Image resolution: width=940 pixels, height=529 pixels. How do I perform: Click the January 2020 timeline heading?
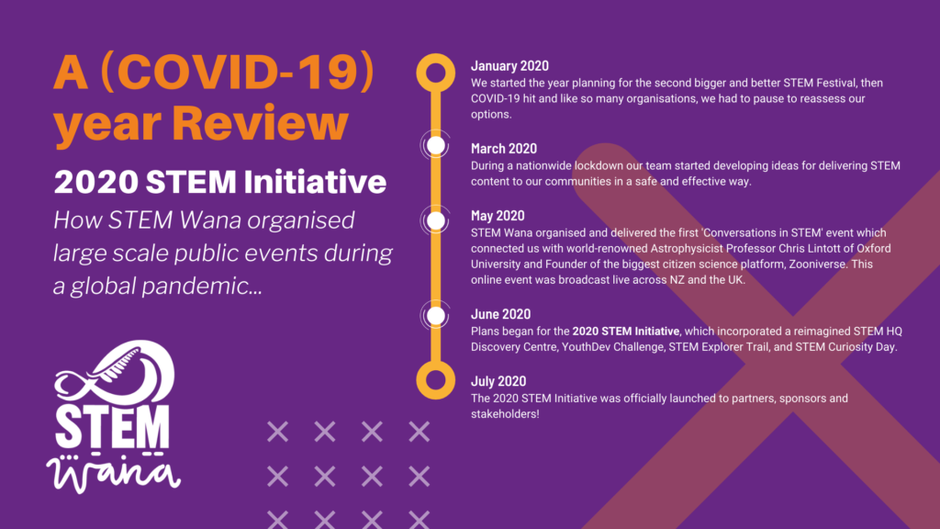pyautogui.click(x=509, y=66)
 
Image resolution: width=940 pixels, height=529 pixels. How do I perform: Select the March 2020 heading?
pyautogui.click(x=504, y=149)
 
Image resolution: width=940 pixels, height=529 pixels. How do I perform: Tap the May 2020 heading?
pyautogui.click(x=498, y=216)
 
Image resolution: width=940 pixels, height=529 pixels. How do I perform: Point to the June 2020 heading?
pyautogui.click(x=500, y=314)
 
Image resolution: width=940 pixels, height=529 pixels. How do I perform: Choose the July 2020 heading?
pyautogui.click(x=498, y=381)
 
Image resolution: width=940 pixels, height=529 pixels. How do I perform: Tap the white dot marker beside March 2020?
pyautogui.click(x=436, y=146)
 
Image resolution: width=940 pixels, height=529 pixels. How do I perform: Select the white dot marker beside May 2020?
pyautogui.click(x=436, y=220)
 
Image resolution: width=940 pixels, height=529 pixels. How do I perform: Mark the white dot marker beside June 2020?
pyautogui.click(x=436, y=316)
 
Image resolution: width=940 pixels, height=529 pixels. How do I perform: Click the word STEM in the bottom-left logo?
pyautogui.click(x=112, y=426)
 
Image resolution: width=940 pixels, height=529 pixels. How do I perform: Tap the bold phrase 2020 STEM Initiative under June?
pyautogui.click(x=626, y=331)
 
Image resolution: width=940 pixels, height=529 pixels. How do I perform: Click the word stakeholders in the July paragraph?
pyautogui.click(x=505, y=414)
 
